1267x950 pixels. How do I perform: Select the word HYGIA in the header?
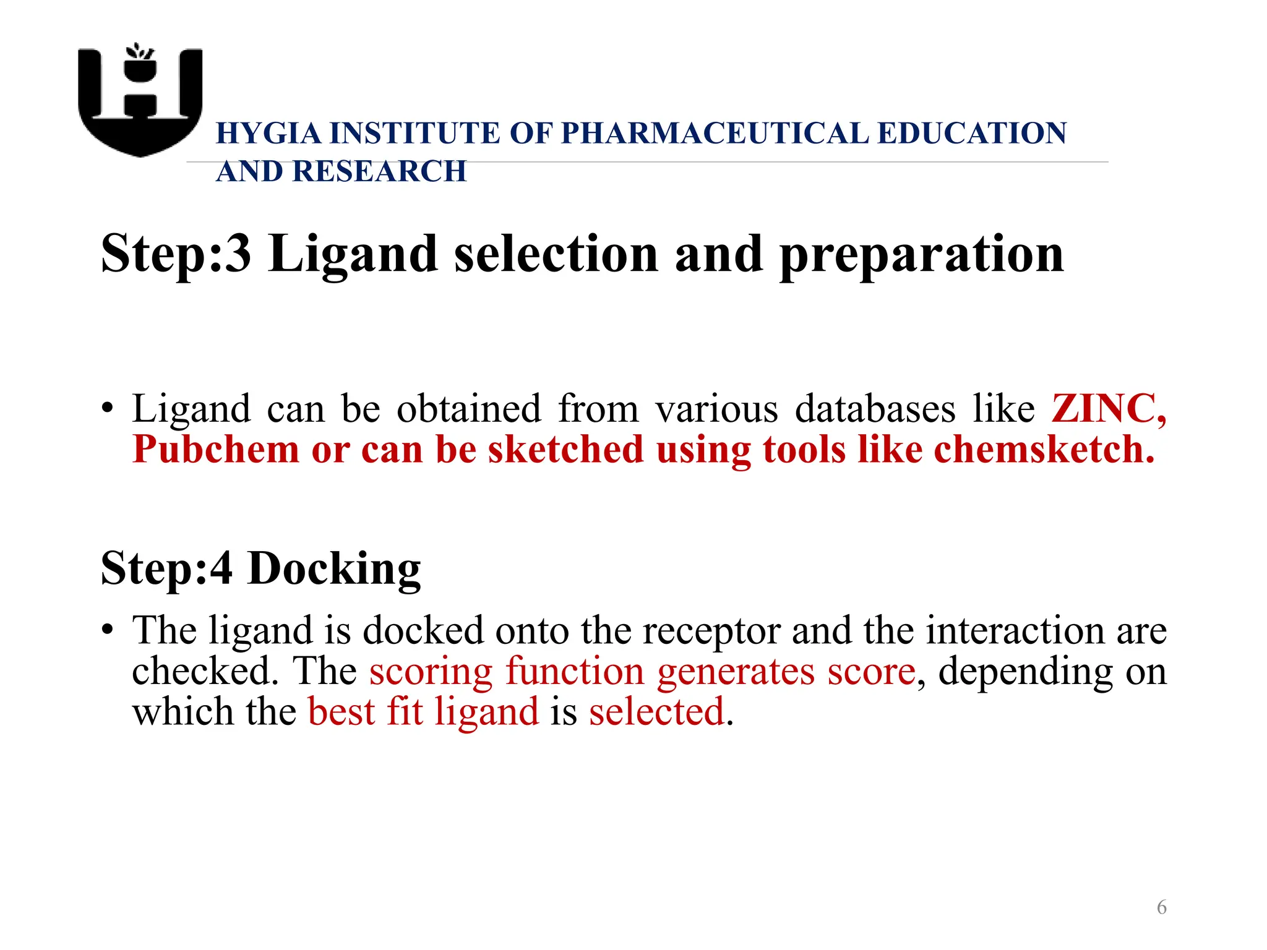tap(268, 134)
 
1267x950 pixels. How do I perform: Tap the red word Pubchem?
tap(215, 449)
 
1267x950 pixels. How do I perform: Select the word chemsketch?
tap(1044, 449)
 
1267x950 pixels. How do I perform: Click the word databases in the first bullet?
tap(875, 409)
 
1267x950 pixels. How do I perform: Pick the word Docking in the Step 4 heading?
tap(334, 569)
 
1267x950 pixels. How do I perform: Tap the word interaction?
tap(1015, 631)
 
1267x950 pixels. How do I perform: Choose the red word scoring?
tap(431, 672)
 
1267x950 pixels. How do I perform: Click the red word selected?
tap(656, 712)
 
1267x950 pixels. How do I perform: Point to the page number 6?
tap(1161, 907)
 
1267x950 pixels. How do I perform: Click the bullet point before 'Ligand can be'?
tap(108, 409)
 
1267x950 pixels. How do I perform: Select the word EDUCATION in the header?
tap(972, 134)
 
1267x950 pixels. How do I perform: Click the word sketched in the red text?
tap(565, 449)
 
